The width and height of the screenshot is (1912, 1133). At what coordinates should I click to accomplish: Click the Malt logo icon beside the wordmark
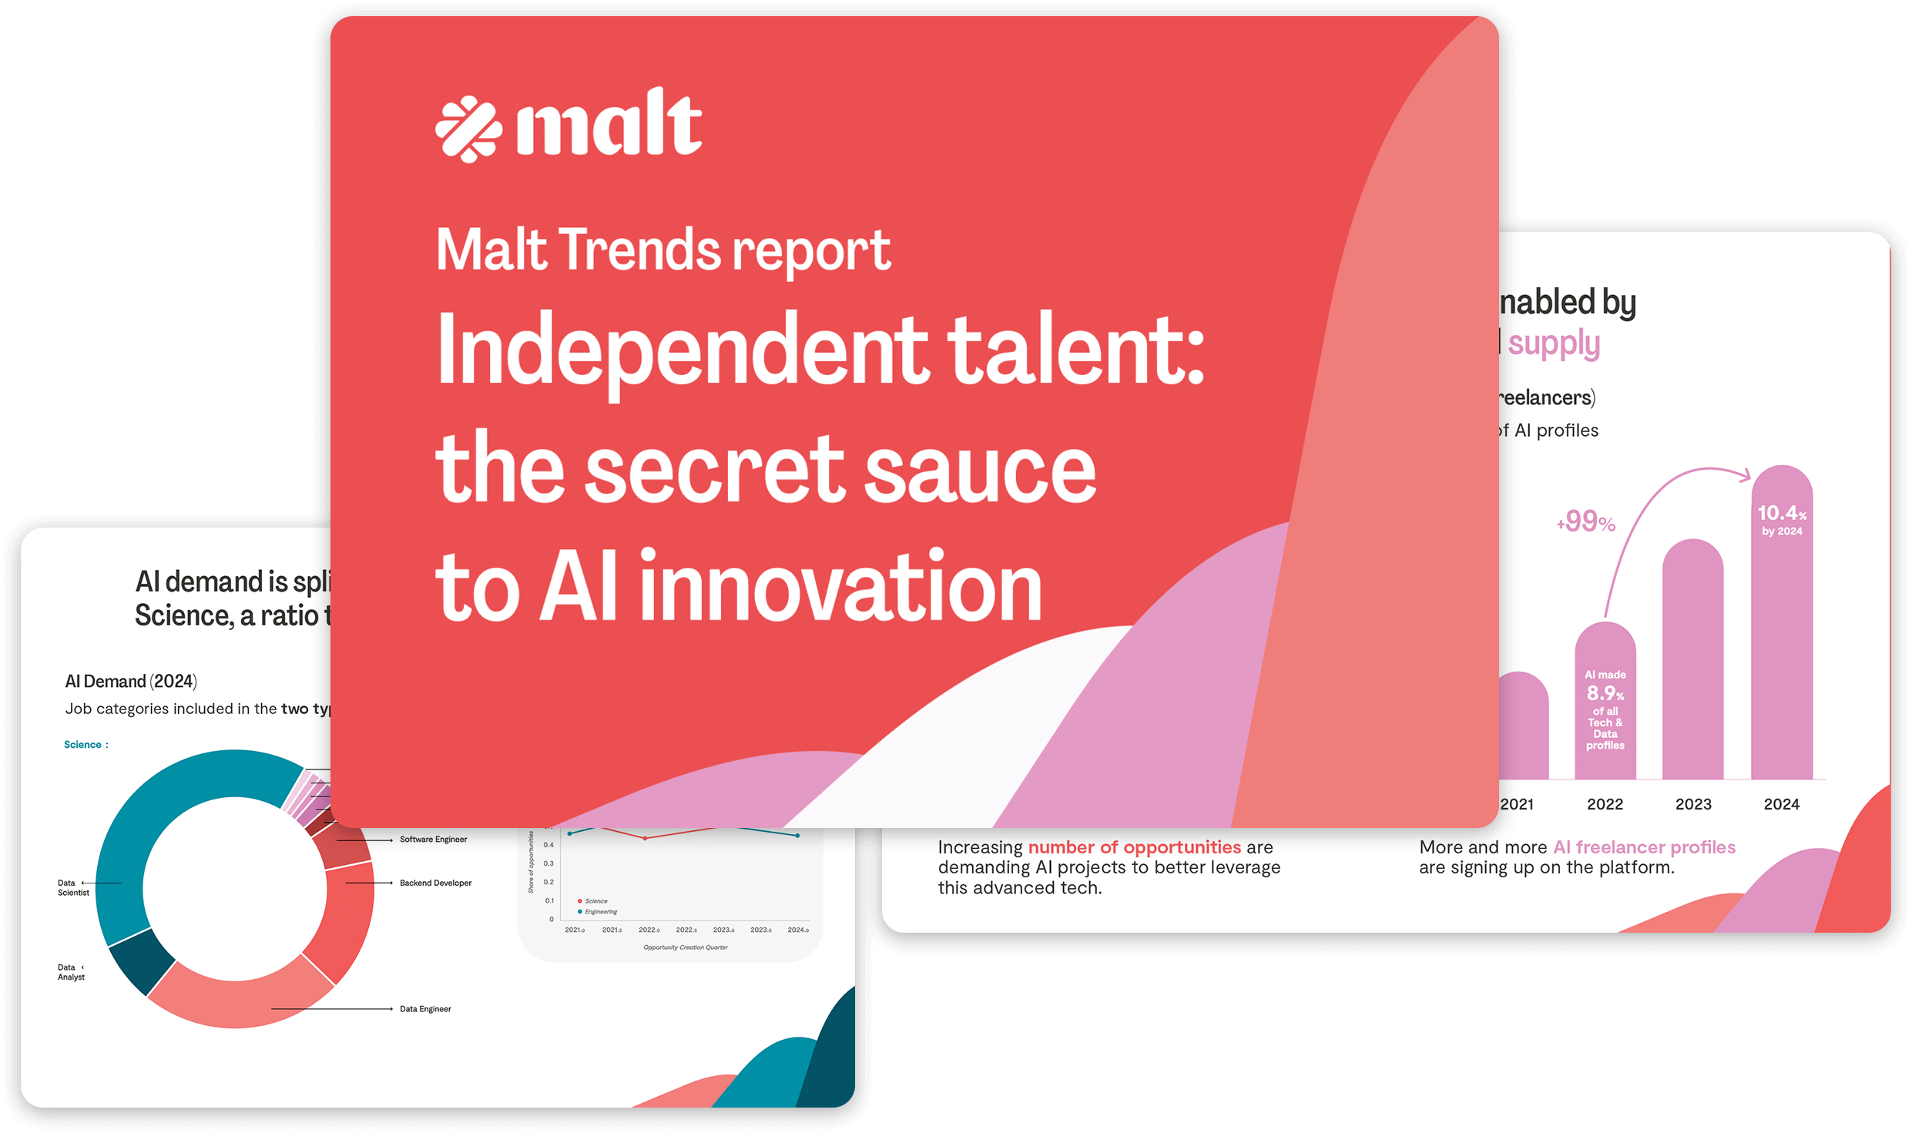468,129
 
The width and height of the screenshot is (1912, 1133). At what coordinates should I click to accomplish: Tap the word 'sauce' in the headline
980,469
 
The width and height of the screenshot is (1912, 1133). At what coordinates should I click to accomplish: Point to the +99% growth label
1586,522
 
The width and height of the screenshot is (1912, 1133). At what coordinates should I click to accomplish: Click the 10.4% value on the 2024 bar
1781,514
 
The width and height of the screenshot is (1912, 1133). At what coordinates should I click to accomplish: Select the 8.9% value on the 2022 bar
1605,693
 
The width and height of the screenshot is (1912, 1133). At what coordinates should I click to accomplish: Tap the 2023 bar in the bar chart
1692,662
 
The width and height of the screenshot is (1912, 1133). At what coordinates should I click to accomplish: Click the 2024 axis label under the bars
1781,804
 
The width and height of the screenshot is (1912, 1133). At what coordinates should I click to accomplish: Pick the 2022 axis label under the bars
1605,804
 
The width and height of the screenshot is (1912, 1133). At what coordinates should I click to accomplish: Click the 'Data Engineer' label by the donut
425,1009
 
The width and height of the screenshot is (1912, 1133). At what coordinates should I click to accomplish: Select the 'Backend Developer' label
435,883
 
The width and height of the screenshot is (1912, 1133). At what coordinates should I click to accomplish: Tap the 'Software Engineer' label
433,840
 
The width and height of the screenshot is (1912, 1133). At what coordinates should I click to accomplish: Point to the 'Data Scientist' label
72,888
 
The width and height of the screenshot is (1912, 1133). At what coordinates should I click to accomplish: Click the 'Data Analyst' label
70,972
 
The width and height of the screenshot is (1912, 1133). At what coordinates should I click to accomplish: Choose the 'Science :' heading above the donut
86,745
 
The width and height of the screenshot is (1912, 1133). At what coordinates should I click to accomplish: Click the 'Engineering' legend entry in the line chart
600,912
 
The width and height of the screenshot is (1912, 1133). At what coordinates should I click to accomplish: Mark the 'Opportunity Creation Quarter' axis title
685,947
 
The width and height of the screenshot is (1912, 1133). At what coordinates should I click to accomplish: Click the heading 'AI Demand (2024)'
131,682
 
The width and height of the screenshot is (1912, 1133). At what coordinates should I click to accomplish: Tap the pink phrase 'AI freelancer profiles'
1644,847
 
